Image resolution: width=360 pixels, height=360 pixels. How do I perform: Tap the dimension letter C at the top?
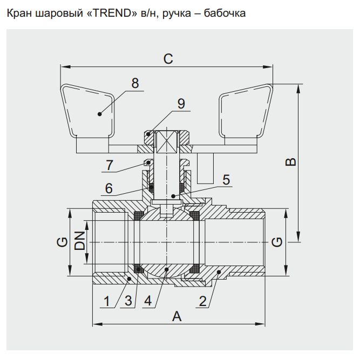[168, 59]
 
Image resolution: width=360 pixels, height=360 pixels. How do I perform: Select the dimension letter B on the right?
[290, 162]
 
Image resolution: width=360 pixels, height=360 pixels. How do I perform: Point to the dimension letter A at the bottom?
[176, 317]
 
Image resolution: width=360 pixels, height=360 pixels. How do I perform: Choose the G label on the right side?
[277, 242]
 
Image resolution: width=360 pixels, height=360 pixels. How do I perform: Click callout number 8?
[135, 84]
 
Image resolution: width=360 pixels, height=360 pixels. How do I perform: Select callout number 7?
[110, 165]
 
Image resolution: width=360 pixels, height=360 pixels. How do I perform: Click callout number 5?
[226, 179]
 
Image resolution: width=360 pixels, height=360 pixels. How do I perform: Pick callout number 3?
[128, 301]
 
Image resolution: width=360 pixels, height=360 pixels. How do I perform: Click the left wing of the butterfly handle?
[89, 111]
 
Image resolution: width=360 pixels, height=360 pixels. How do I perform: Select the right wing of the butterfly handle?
[246, 111]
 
